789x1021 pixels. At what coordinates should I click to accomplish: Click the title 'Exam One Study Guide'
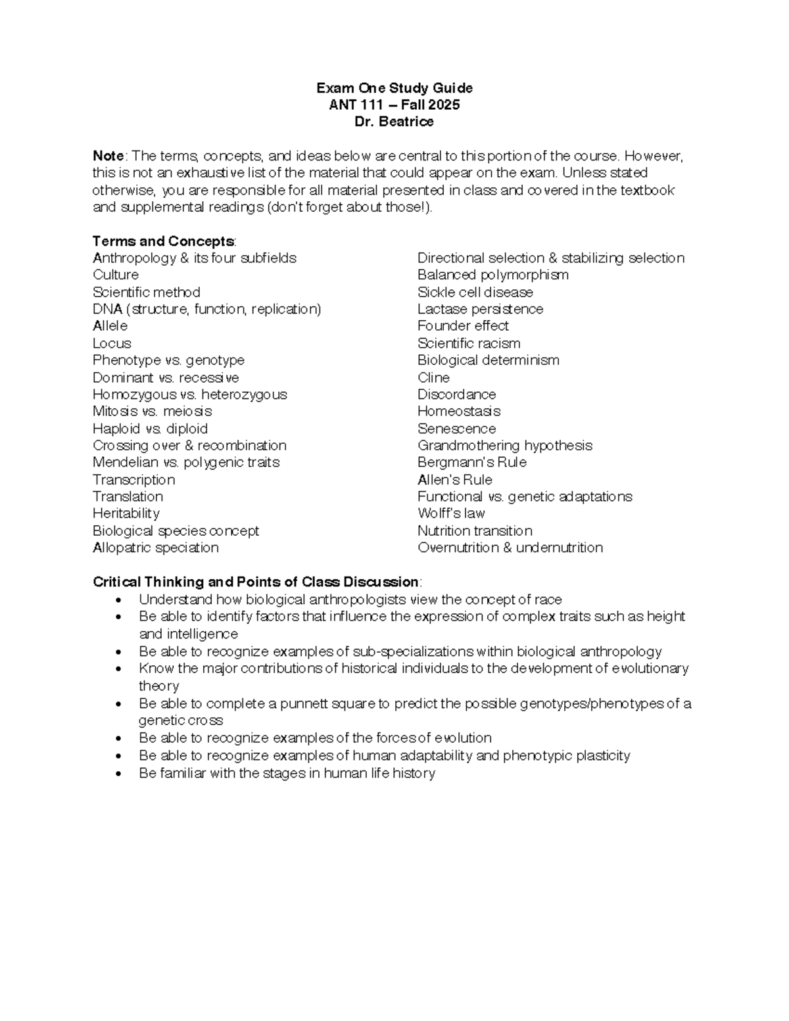click(394, 88)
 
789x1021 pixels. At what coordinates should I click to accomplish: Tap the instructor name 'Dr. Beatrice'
click(394, 122)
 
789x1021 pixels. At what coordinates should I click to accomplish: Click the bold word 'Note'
click(108, 156)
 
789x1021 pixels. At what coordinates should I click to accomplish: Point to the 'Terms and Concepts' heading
click(164, 241)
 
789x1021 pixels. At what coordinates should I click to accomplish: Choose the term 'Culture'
click(116, 275)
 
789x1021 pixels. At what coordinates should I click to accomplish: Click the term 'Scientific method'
click(147, 292)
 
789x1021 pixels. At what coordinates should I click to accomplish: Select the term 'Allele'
click(110, 326)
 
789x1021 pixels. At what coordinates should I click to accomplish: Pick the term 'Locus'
click(112, 343)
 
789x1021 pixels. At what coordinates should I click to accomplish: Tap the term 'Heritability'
click(126, 513)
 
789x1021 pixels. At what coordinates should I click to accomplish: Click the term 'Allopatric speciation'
click(156, 548)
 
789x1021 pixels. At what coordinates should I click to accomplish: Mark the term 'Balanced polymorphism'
click(493, 275)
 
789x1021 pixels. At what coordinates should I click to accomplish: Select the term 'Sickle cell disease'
click(475, 292)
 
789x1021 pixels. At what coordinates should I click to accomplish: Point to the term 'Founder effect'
click(463, 326)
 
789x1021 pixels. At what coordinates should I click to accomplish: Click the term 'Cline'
click(433, 377)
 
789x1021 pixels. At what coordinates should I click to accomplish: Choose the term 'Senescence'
click(456, 429)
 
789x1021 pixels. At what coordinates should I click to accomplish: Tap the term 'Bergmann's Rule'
click(472, 462)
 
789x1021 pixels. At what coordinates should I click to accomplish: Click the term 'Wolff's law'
click(451, 513)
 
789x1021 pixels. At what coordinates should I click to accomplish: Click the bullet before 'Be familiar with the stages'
click(118, 774)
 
